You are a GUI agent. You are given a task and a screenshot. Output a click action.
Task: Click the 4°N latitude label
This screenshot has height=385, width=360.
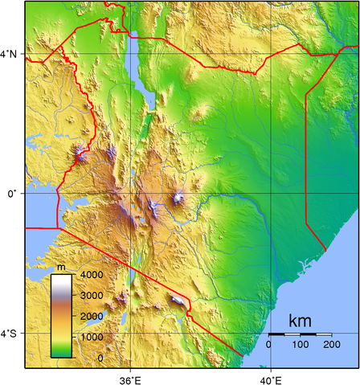point(11,54)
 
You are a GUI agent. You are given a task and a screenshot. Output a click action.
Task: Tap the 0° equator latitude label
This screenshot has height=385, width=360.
point(11,194)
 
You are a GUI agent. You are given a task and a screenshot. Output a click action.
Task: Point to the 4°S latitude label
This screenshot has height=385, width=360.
point(11,333)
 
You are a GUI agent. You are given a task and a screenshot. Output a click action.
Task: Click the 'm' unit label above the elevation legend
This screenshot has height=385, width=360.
point(61,266)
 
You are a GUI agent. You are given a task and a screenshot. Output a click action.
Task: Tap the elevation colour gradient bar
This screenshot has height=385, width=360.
point(61,316)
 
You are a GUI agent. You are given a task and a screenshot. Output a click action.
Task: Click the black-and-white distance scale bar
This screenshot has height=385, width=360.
point(300,334)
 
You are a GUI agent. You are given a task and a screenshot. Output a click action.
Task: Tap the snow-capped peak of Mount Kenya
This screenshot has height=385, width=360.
point(178,198)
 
